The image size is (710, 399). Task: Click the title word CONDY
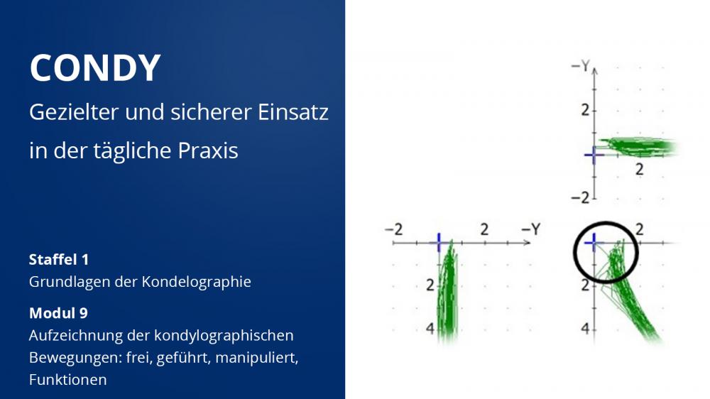point(95,68)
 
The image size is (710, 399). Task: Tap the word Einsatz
point(293,112)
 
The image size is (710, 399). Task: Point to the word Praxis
point(208,151)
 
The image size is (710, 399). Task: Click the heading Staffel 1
point(59,260)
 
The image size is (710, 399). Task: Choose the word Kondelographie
point(196,282)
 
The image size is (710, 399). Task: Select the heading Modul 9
point(58,313)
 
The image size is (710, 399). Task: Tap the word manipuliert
point(256,358)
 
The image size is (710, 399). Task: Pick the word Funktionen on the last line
point(68,380)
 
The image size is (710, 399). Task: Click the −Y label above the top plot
point(581,67)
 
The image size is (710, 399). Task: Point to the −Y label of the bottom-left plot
point(531,229)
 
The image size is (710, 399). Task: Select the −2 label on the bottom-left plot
point(393,229)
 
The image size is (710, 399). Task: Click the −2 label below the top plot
point(581,197)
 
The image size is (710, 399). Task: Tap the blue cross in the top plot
point(594,155)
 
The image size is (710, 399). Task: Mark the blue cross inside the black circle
point(593,244)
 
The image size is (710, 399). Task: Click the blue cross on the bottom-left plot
point(439,243)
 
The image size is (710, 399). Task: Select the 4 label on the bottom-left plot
point(430,328)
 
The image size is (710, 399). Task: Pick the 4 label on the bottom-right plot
point(585,328)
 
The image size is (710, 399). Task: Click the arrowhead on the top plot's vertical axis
point(594,71)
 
